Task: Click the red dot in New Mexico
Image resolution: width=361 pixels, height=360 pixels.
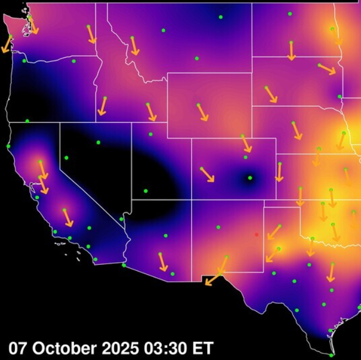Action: [256, 234]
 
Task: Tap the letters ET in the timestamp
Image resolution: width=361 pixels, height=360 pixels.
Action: [202, 348]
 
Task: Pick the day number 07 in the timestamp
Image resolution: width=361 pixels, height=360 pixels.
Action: [18, 348]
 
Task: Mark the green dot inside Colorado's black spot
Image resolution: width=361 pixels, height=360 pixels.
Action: [250, 177]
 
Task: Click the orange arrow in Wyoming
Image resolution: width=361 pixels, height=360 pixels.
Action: [203, 112]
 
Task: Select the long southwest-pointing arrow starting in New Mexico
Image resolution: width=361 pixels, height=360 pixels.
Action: [216, 271]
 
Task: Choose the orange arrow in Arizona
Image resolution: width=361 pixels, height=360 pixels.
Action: [163, 262]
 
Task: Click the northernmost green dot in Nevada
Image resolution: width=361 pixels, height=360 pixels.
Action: [98, 143]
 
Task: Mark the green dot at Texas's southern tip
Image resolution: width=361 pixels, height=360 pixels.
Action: [331, 355]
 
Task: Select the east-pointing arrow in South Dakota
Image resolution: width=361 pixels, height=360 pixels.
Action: [327, 69]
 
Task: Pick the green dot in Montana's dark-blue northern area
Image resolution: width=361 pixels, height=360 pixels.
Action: [220, 17]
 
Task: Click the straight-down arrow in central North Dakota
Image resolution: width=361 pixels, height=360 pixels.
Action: [292, 51]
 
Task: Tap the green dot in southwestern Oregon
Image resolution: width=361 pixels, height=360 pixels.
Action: [27, 121]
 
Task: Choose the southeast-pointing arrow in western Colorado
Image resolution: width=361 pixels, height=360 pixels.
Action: [207, 174]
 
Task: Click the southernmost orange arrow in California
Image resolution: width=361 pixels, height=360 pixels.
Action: [68, 218]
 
